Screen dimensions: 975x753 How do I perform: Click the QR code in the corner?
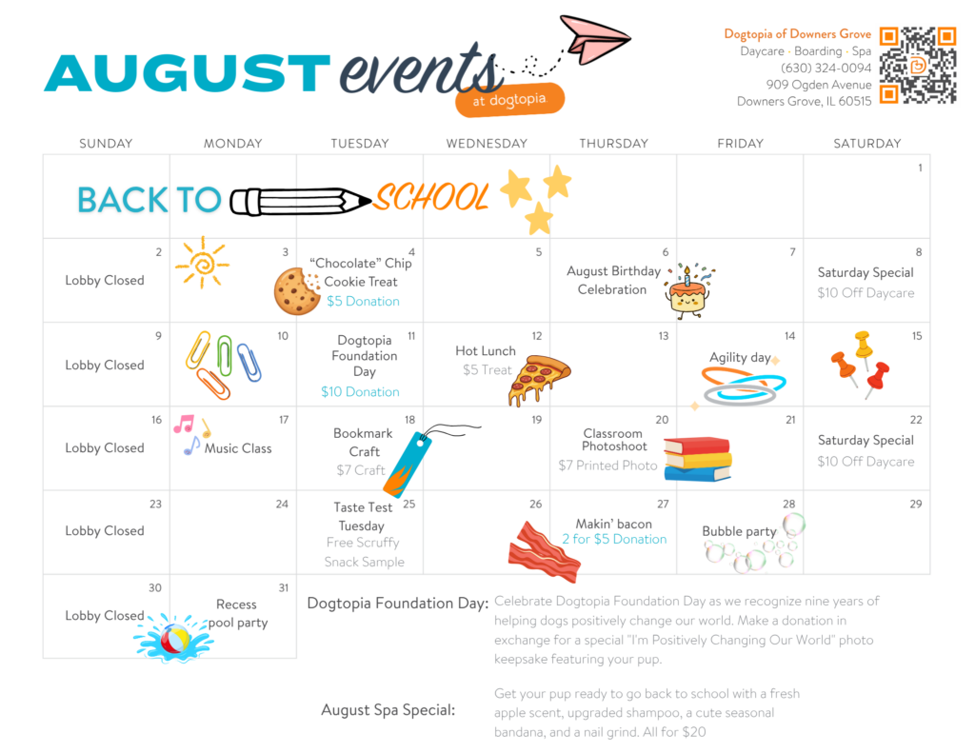click(918, 65)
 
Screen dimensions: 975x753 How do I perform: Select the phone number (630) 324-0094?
click(826, 68)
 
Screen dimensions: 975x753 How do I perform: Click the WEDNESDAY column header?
click(487, 144)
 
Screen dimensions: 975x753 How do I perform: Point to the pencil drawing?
click(301, 201)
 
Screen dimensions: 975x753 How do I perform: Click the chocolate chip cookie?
click(297, 291)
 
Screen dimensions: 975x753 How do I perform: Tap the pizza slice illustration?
click(539, 379)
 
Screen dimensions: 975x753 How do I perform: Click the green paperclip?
click(225, 355)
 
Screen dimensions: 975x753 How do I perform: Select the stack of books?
click(698, 459)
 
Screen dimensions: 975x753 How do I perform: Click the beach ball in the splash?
click(175, 639)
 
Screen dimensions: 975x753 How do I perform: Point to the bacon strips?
click(544, 551)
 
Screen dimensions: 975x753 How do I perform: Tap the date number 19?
click(536, 420)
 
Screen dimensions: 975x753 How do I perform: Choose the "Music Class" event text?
click(238, 448)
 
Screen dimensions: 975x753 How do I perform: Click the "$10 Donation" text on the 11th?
click(360, 392)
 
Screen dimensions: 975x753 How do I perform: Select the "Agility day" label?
click(740, 358)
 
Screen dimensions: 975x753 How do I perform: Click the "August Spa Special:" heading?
click(388, 710)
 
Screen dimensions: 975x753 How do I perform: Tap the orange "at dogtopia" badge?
click(510, 100)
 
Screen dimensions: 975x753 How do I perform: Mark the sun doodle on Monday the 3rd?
click(202, 263)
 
